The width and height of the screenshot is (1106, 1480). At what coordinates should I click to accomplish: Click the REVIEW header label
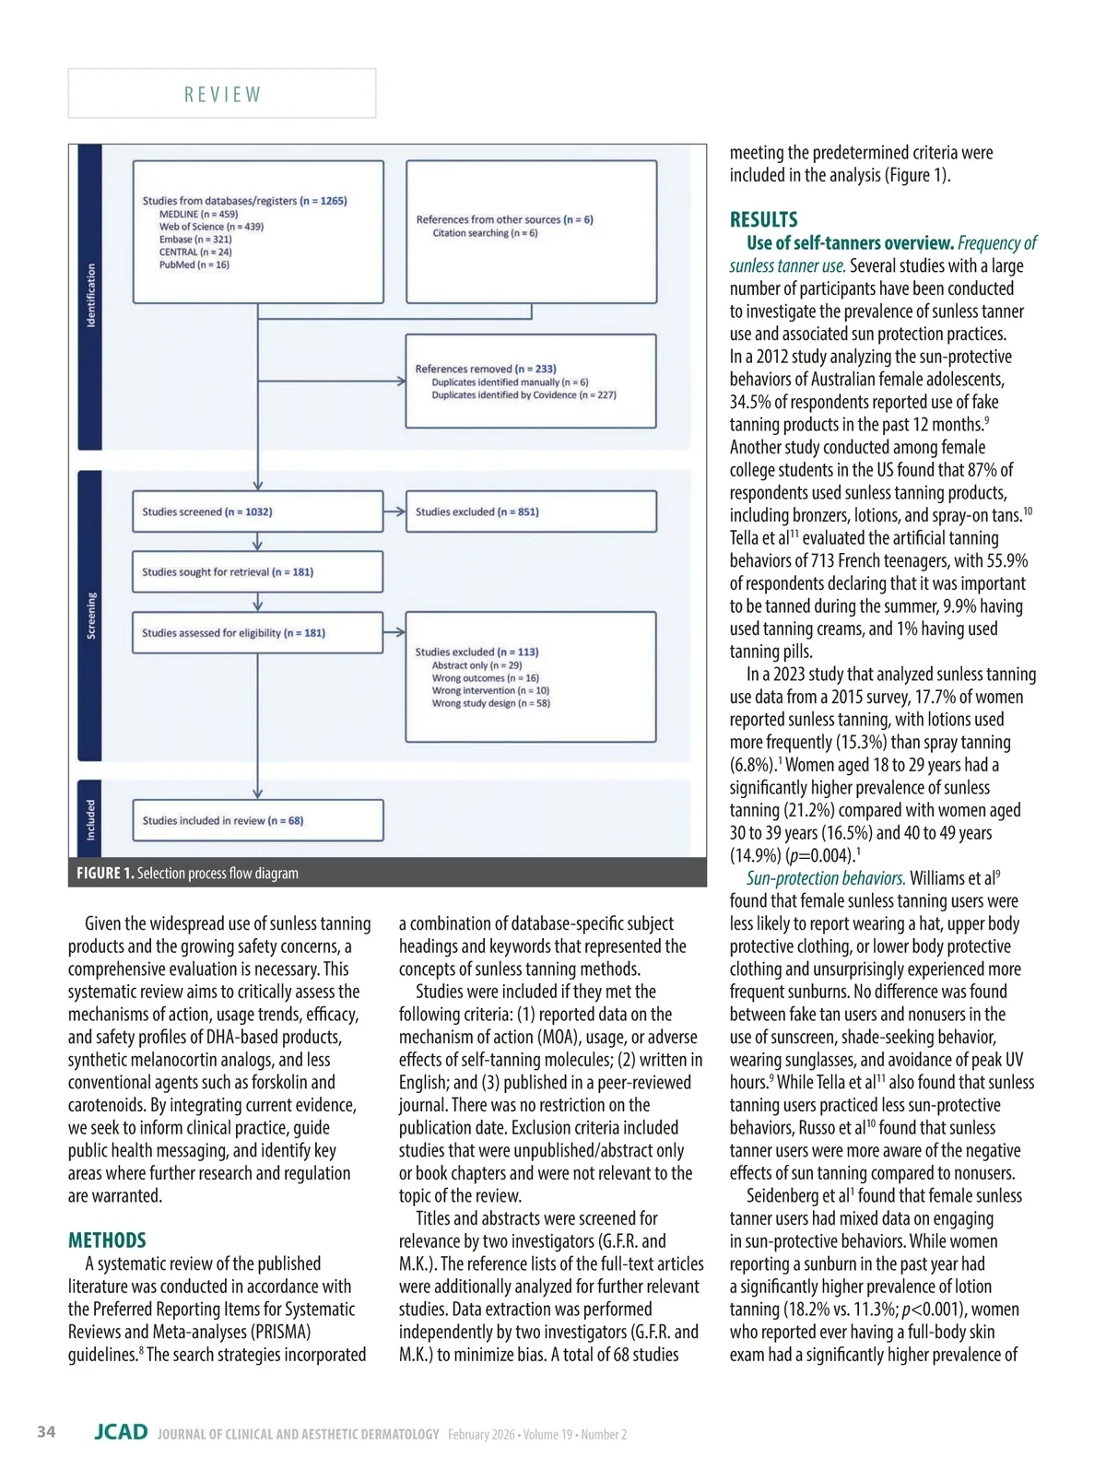(x=222, y=94)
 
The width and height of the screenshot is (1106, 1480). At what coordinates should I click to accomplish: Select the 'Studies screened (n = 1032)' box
(x=257, y=511)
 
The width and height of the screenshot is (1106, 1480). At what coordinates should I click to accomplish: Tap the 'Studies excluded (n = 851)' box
(x=531, y=511)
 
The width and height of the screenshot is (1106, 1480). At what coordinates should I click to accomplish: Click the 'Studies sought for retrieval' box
(x=257, y=572)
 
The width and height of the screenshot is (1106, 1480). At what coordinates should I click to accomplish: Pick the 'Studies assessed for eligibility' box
(x=257, y=633)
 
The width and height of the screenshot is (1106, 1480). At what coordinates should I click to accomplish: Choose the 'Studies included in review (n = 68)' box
(x=257, y=820)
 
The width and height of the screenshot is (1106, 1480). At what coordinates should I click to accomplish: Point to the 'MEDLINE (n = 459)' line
(x=198, y=214)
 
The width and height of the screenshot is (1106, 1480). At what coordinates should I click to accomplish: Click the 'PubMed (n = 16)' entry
(x=194, y=264)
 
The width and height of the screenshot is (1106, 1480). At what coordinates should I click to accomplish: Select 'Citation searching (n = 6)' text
(x=485, y=233)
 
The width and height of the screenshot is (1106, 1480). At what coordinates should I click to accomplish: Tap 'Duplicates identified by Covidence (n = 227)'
(x=524, y=394)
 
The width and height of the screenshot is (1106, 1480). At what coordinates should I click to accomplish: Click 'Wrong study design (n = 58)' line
(x=490, y=703)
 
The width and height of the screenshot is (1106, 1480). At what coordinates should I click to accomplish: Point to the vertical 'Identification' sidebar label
(x=90, y=295)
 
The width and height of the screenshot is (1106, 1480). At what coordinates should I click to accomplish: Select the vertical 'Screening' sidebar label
(x=90, y=616)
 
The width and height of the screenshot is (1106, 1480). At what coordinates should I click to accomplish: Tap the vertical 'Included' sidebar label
(x=90, y=819)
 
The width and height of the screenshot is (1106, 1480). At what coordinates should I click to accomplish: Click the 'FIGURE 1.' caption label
(x=105, y=873)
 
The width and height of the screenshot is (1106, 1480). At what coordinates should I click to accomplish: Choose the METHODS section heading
(x=107, y=1240)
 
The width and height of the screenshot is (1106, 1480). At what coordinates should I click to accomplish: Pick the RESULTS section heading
(x=763, y=219)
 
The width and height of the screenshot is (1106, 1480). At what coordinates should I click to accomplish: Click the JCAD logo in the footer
(x=121, y=1432)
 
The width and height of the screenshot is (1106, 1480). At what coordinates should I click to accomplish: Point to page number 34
(x=46, y=1432)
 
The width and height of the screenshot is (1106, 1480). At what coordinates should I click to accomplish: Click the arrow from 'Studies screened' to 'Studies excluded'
(x=394, y=511)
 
